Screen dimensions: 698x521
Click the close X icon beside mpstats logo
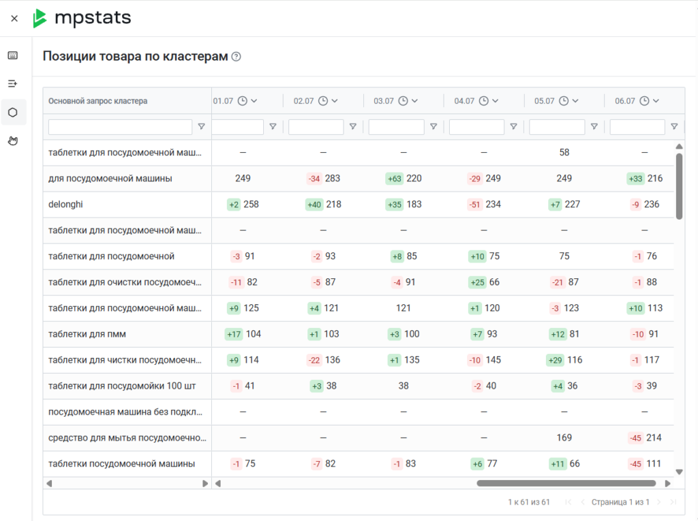[x=14, y=18]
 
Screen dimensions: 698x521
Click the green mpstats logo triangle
[x=40, y=18]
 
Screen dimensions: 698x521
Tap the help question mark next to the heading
[x=237, y=57]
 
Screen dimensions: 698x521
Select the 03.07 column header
[x=384, y=101]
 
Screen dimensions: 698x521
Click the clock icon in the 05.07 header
[x=564, y=101]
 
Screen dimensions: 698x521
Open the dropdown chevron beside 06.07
[x=656, y=101]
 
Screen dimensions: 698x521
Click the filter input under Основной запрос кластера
[x=120, y=127]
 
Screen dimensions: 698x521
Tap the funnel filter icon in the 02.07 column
[x=353, y=127]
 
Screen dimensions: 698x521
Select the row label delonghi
[x=65, y=205]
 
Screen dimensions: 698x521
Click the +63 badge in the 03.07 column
[x=395, y=179]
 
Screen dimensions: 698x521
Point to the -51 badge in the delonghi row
[x=474, y=205]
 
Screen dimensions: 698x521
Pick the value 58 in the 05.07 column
[x=564, y=153]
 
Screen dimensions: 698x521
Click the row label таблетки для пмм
[x=87, y=334]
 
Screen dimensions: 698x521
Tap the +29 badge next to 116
[x=555, y=360]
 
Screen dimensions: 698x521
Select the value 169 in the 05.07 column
[x=564, y=438]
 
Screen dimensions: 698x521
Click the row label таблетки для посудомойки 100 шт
[x=122, y=386]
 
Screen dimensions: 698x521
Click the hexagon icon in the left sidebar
[x=13, y=113]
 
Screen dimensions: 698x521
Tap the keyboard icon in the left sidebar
[x=13, y=55]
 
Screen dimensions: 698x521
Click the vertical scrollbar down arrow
[x=680, y=472]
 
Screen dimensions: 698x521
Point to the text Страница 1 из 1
[x=620, y=503]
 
